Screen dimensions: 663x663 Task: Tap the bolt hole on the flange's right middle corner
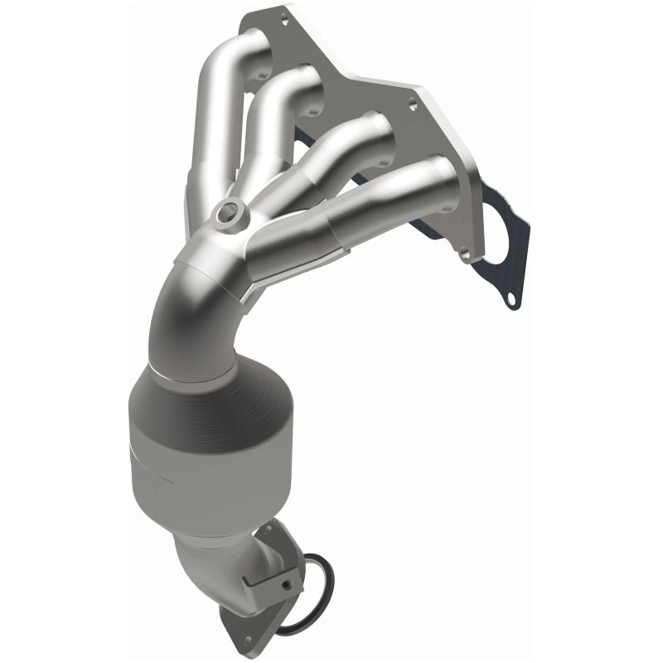pyautogui.click(x=411, y=104)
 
